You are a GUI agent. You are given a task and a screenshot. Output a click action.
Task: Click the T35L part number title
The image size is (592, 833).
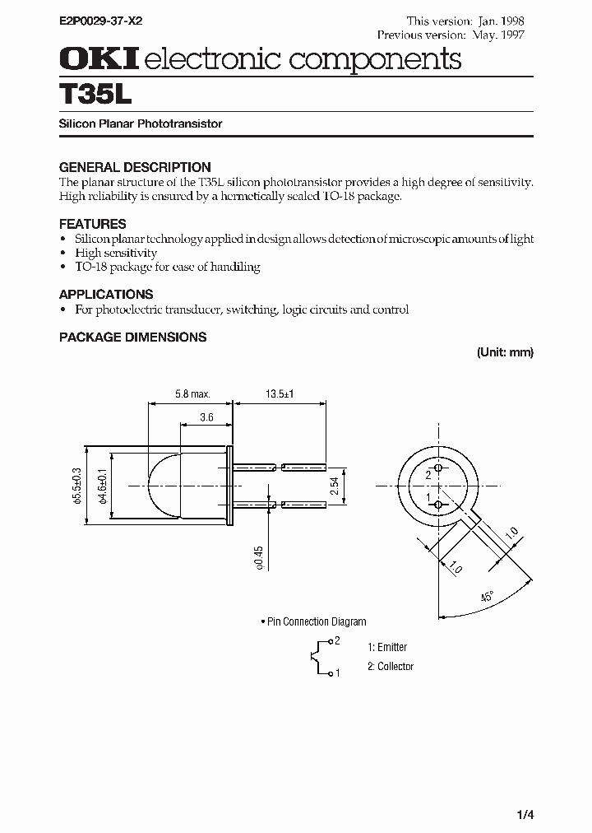95,94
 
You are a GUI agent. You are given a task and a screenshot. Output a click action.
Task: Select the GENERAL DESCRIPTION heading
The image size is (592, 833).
135,166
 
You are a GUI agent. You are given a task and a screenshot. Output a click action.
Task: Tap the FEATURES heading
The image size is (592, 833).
92,223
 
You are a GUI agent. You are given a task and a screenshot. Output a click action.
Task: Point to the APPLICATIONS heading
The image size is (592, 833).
106,294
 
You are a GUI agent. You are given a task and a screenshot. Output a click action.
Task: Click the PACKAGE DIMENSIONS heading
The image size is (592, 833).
132,337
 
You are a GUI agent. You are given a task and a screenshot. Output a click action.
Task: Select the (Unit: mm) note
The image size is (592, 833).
505,352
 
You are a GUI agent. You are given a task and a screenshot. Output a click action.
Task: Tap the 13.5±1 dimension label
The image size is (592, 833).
280,395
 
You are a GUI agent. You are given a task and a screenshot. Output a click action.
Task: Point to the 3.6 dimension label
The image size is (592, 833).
206,418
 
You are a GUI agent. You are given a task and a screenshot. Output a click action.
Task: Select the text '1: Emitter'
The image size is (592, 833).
387,647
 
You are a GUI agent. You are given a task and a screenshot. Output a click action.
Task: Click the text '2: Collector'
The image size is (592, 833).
391,666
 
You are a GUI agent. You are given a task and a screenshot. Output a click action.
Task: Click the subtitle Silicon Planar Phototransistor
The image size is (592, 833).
141,123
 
